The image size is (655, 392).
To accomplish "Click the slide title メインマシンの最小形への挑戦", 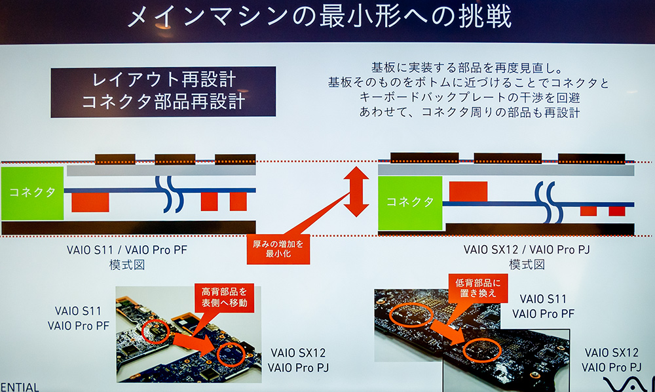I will tap(319, 18).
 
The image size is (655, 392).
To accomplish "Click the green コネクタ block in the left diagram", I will tap(33, 192).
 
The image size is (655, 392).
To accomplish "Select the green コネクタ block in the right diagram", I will tap(409, 202).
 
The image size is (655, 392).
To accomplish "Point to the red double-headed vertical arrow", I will tap(356, 191).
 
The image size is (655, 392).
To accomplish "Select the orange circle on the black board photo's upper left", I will tap(411, 316).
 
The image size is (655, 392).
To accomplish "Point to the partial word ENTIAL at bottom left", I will tap(20, 387).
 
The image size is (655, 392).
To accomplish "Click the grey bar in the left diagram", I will tap(160, 170).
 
